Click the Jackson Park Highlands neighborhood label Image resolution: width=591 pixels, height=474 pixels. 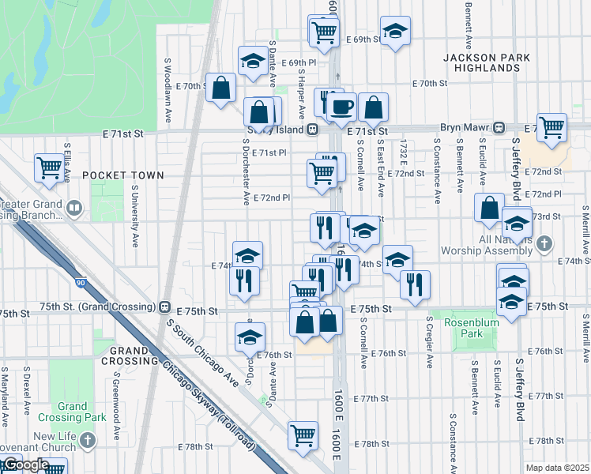point(480,63)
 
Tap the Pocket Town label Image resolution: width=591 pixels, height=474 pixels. point(123,175)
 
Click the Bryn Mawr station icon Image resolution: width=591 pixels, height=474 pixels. point(499,128)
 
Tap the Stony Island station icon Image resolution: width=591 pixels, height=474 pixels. point(313,130)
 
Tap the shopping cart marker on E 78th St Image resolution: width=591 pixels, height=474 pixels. point(303,434)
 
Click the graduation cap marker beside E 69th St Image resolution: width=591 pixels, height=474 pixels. point(395,31)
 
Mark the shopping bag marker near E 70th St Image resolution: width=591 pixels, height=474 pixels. point(221,87)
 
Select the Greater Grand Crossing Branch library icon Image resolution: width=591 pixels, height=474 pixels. point(74,209)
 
